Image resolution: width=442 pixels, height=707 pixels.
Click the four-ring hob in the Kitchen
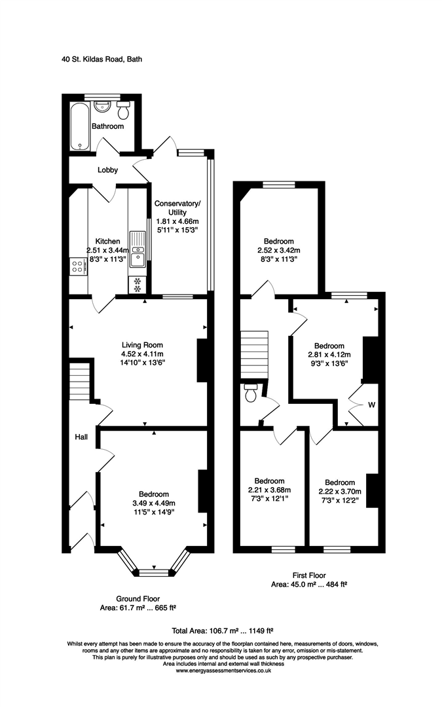click(x=77, y=266)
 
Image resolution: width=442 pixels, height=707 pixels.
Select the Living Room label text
click(x=142, y=345)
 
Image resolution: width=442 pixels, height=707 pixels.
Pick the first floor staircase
click(x=255, y=353)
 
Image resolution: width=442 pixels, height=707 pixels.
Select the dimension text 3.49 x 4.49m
click(x=154, y=503)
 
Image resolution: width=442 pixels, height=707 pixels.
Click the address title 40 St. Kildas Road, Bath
click(x=101, y=59)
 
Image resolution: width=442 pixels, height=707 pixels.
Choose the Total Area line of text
click(x=221, y=631)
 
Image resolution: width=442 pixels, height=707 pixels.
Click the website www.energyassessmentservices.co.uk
click(x=222, y=670)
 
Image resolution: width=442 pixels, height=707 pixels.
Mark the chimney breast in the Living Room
click(x=202, y=359)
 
